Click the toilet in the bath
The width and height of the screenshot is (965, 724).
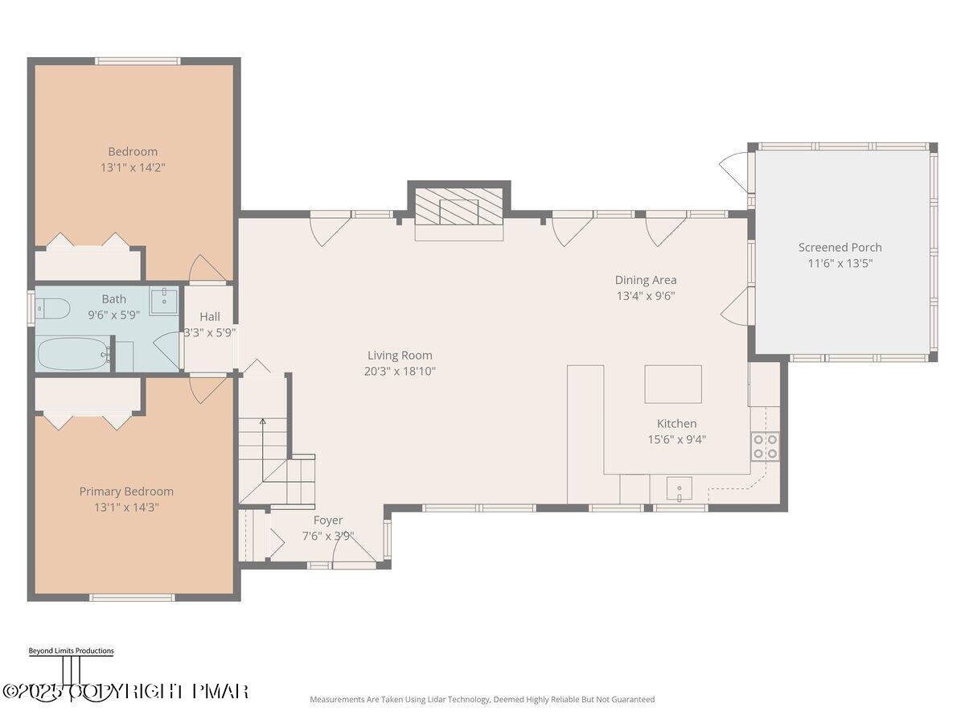53,309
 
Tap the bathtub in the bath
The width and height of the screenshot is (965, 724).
73,355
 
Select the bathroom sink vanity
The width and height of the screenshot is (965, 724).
163,301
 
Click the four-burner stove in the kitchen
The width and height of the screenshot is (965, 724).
765,446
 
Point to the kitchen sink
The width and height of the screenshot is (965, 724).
680,488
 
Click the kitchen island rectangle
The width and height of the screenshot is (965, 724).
673,384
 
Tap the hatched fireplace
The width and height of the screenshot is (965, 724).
459,206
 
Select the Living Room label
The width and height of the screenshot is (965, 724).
400,356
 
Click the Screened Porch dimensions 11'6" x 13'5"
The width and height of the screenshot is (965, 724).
840,263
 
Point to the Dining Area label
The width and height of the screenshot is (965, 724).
646,280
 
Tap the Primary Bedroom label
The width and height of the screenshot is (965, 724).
126,492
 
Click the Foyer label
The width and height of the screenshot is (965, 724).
328,520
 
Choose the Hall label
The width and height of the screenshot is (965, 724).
210,316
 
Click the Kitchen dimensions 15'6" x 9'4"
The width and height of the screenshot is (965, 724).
676,439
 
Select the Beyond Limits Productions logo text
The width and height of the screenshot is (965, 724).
72,651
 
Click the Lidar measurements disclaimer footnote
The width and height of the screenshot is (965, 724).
482,699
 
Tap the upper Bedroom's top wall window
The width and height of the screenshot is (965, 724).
138,60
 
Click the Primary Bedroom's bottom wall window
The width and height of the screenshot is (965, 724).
133,598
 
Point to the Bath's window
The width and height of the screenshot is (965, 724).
31,308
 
